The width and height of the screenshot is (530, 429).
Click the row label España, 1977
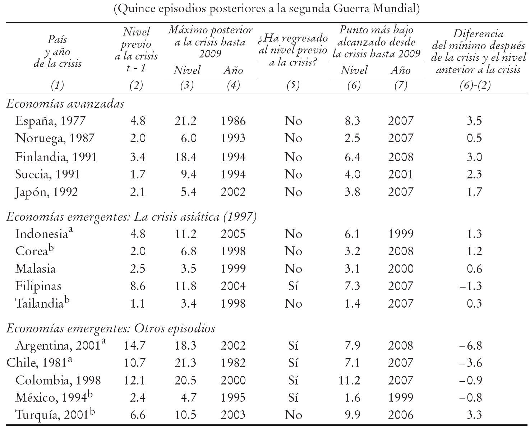(50, 121)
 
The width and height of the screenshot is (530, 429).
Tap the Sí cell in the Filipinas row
(293, 286)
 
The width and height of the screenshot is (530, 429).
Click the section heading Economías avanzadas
(65, 104)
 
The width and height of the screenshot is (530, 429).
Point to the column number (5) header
(293, 85)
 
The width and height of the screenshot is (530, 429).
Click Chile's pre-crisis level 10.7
(135, 363)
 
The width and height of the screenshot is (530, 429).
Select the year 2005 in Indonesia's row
(233, 234)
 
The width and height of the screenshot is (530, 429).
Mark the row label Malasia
(36, 269)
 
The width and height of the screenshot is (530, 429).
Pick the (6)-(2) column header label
(475, 85)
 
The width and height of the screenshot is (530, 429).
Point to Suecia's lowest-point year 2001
(401, 174)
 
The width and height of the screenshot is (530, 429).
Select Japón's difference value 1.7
(474, 192)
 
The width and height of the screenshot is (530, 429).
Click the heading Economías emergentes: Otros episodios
(111, 328)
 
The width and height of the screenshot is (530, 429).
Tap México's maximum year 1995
(233, 398)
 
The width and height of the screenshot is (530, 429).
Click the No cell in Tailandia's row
(293, 304)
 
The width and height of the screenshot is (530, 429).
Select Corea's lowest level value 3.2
(352, 251)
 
